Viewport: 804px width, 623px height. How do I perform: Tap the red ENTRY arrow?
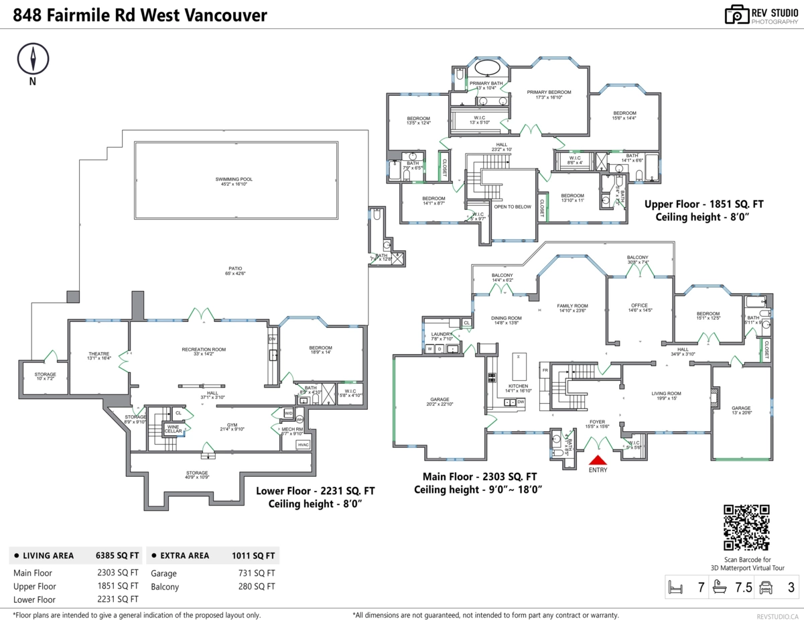tap(597, 460)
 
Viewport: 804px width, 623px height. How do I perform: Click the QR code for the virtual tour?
tap(747, 528)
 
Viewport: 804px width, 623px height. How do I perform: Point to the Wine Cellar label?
tap(173, 429)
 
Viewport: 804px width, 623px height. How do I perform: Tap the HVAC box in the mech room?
tap(303, 445)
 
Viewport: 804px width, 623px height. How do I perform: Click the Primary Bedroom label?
tap(549, 92)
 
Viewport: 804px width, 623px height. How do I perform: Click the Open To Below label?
tap(513, 207)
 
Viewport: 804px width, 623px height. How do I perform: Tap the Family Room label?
tap(572, 306)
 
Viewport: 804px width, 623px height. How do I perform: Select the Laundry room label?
tap(442, 334)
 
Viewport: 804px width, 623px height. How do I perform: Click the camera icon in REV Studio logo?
tap(736, 15)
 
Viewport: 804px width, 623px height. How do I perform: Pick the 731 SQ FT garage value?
tap(262, 573)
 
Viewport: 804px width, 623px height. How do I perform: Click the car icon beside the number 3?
tap(766, 588)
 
